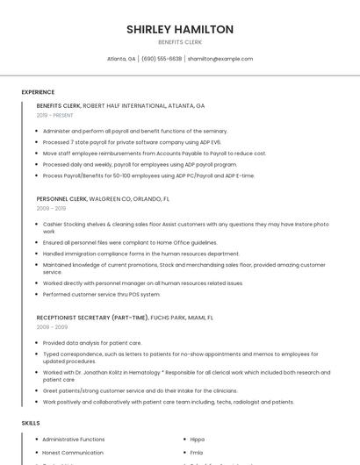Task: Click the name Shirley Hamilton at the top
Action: pyautogui.click(x=180, y=29)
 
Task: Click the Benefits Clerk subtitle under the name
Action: pyautogui.click(x=180, y=42)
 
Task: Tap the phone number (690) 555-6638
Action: pyautogui.click(x=162, y=59)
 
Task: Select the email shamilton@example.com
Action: pyautogui.click(x=220, y=59)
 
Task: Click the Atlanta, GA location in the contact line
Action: pyautogui.click(x=121, y=59)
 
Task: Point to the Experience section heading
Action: pyautogui.click(x=38, y=92)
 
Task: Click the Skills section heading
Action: pyautogui.click(x=31, y=423)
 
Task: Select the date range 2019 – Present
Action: pyautogui.click(x=54, y=115)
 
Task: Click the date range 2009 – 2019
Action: pyautogui.click(x=51, y=209)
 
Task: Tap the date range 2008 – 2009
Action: pyautogui.click(x=51, y=326)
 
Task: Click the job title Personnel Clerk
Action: pyautogui.click(x=61, y=199)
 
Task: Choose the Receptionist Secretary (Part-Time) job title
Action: pyautogui.click(x=91, y=317)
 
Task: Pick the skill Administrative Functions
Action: pyautogui.click(x=73, y=439)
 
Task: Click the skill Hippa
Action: pyautogui.click(x=197, y=439)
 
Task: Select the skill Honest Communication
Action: pyautogui.click(x=72, y=453)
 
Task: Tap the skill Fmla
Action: pyautogui.click(x=196, y=453)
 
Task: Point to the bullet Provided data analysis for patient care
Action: pyautogui.click(x=92, y=343)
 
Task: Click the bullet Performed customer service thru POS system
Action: pyautogui.click(x=101, y=294)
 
